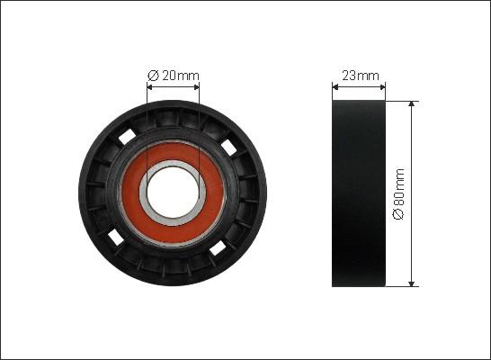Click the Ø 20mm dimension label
174,76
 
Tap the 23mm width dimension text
361,76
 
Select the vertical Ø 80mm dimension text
399,194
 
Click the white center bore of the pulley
173,193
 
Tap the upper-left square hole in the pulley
127,137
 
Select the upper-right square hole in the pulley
228,147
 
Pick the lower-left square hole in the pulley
116,237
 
